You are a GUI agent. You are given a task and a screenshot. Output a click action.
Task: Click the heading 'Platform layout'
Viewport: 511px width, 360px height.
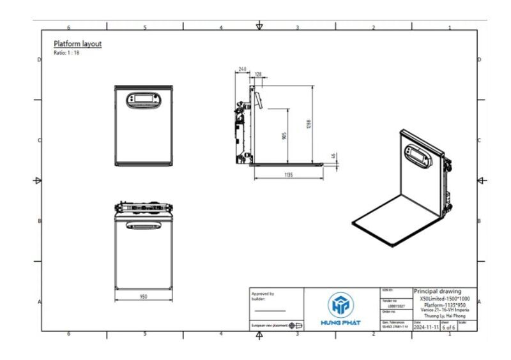point(77,43)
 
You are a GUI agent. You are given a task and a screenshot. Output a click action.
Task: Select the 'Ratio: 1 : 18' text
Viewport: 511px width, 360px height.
point(66,52)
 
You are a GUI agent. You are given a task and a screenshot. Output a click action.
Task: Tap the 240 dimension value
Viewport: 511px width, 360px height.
point(243,68)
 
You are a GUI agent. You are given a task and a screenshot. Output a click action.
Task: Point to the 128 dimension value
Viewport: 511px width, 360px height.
point(258,75)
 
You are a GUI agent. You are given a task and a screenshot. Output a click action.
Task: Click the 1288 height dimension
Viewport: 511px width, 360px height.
point(309,124)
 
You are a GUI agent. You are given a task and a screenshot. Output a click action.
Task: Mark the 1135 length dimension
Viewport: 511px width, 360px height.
point(289,174)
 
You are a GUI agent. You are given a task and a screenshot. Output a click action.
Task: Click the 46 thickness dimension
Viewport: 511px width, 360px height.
point(333,156)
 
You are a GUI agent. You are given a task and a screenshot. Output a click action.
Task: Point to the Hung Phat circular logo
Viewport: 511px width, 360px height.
point(340,304)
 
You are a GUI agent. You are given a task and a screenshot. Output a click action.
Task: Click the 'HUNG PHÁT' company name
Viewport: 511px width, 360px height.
point(340,322)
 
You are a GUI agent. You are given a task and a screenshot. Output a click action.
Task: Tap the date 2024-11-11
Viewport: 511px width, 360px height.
point(426,327)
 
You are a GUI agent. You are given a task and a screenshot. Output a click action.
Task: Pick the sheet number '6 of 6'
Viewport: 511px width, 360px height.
point(449,327)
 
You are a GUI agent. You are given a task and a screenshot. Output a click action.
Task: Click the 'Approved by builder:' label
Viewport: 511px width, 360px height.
point(263,296)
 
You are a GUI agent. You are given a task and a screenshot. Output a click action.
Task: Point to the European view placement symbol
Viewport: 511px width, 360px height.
point(296,325)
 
